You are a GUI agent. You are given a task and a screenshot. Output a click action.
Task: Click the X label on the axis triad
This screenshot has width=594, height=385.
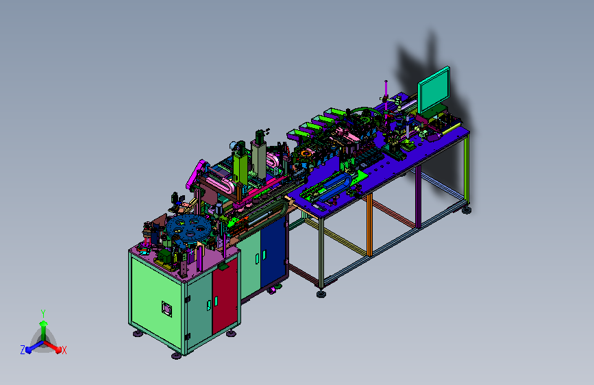[x=64, y=350]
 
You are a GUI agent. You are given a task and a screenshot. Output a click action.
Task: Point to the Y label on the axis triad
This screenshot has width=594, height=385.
[x=43, y=314]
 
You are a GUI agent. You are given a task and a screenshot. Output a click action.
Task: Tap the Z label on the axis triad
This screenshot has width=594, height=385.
[x=23, y=350]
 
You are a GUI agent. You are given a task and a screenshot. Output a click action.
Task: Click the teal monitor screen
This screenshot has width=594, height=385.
[x=434, y=90]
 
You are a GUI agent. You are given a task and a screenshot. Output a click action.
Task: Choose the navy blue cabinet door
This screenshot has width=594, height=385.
[x=273, y=251]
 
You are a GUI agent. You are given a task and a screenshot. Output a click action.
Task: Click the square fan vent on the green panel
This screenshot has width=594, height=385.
[x=166, y=309]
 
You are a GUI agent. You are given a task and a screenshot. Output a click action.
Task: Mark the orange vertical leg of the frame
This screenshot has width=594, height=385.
[x=369, y=225]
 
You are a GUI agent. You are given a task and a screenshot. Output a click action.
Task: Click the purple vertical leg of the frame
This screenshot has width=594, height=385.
[x=418, y=197]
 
